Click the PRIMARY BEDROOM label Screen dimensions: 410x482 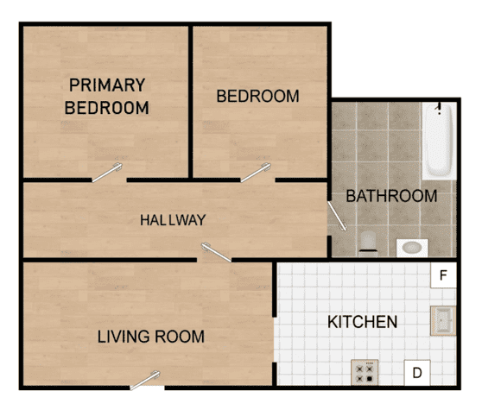coord(107,97)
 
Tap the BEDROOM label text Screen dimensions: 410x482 coord(257,96)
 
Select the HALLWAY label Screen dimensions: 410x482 coord(173,220)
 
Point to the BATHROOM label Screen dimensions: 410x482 coord(391,196)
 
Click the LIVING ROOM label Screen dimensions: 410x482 coord(150,336)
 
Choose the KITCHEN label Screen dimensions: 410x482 coord(362,322)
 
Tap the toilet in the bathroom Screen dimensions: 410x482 coord(368,241)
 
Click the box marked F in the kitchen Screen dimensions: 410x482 coord(443,276)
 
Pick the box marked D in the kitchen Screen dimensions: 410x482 coord(416,373)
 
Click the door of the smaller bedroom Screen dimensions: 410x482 coord(256,173)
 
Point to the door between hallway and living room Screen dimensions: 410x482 coord(216,252)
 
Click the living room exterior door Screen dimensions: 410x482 coord(146,379)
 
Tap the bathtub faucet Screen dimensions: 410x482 coord(440,110)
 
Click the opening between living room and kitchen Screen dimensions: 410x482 coord(276,345)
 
